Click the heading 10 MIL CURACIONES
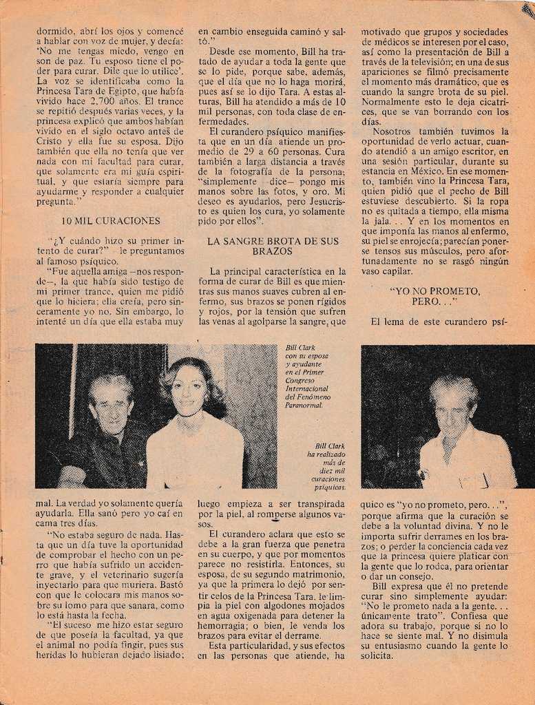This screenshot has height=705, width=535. (x=110, y=221)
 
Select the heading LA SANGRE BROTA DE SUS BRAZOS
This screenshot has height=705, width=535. (x=273, y=246)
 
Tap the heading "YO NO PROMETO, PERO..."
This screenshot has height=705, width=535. (x=434, y=296)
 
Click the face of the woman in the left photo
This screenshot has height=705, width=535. (x=189, y=390)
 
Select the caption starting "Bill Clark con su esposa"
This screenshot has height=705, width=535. (x=307, y=376)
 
